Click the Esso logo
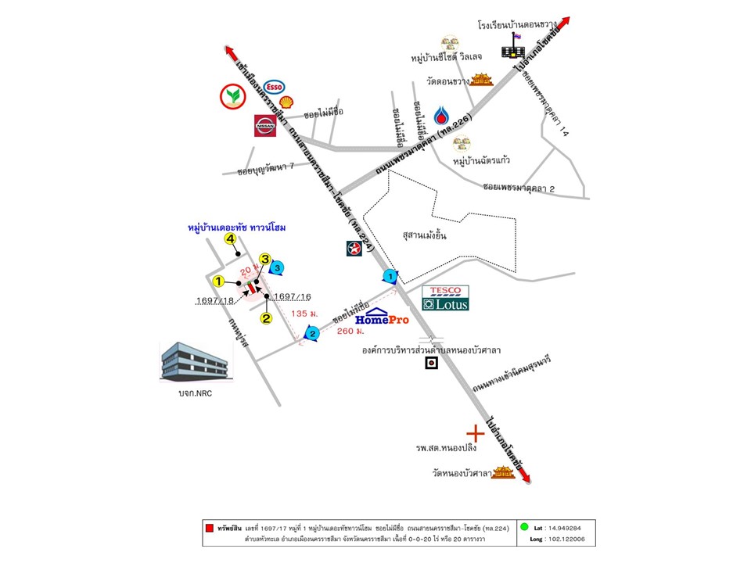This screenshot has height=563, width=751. click(274, 87)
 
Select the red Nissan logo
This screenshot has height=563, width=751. click(266, 126)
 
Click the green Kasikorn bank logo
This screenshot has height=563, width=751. click(232, 96)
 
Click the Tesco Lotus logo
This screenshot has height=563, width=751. click(445, 298)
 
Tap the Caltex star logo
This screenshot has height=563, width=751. click(354, 249)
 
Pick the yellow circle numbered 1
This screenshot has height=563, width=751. click(219, 281)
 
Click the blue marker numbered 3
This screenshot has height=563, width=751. click(277, 267)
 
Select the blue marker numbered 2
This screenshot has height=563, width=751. click(311, 335)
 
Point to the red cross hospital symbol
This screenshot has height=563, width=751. click(474, 432)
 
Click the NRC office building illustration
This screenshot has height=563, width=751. click(195, 362)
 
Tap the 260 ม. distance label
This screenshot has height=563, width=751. click(350, 331)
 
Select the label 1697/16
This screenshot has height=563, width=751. click(293, 296)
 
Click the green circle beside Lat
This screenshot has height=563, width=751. click(524, 527)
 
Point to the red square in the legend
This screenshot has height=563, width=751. click(209, 528)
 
